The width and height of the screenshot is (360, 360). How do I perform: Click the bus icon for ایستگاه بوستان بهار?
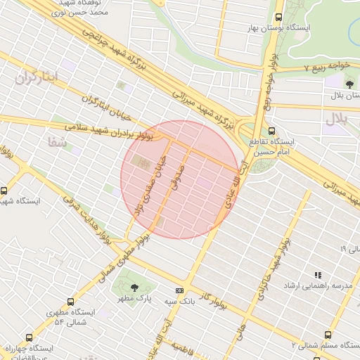(x=279, y=17)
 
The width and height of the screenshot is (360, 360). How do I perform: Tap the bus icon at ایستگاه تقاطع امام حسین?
(x=272, y=130)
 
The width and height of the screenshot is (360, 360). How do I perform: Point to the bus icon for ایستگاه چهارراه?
(x=29, y=337)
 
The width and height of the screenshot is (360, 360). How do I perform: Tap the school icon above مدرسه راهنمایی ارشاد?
(x=317, y=275)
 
